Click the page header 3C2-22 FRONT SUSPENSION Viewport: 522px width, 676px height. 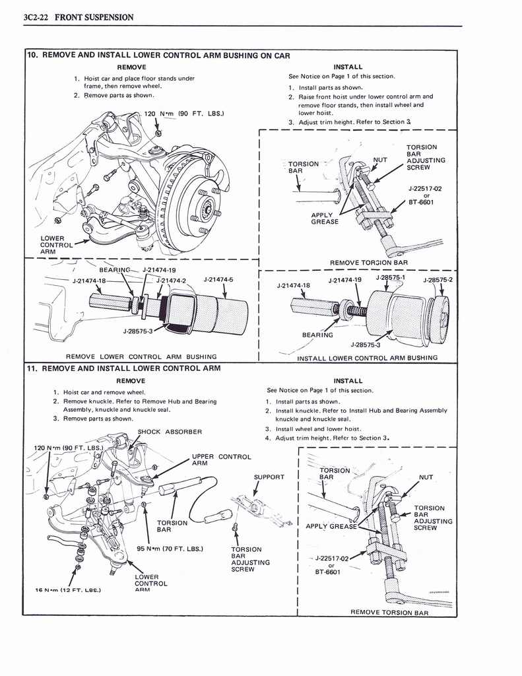coord(78,17)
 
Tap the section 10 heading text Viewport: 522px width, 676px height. coord(158,55)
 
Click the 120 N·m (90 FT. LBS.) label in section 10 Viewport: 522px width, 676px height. coord(184,114)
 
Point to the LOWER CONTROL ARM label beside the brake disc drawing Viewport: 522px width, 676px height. coord(52,245)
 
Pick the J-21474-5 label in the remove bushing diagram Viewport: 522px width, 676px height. coord(218,279)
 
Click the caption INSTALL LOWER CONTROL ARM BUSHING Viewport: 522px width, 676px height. coord(367,358)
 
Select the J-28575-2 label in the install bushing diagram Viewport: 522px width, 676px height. coord(438,279)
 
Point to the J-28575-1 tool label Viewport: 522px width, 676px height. coord(391,278)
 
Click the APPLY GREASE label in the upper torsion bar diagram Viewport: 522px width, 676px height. coord(325,219)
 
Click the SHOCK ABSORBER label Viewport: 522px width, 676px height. coord(169,432)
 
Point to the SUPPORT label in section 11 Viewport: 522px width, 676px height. coord(269,477)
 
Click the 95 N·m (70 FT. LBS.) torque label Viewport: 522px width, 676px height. coord(170,549)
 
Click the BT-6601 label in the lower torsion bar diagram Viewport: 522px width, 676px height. coord(327,572)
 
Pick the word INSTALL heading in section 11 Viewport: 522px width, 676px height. coord(348,381)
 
